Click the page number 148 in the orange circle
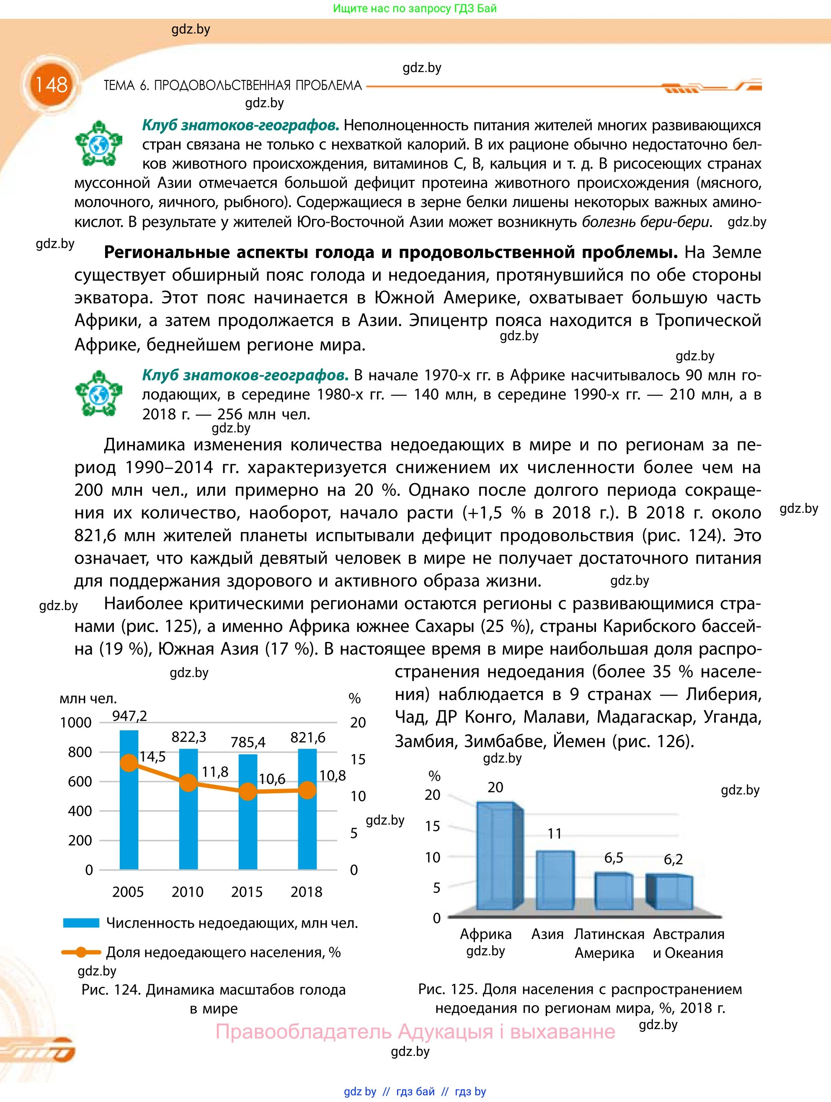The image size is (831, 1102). pos(51,85)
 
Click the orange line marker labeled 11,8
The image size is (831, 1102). pos(188,783)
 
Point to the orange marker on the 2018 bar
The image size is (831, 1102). pos(308,790)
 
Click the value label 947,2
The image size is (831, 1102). pos(129,716)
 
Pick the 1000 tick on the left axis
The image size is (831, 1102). pos(76,722)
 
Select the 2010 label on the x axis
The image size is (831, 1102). pos(187,892)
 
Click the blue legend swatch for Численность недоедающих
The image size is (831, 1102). pos(81,923)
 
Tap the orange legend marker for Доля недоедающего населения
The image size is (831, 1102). pos(81,952)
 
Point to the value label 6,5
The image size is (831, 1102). pos(614,858)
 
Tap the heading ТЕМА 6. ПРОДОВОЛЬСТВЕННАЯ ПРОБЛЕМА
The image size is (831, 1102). pos(232,86)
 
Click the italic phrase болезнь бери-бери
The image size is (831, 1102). pos(646,222)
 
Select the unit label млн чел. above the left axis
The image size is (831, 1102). pos(88,698)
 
